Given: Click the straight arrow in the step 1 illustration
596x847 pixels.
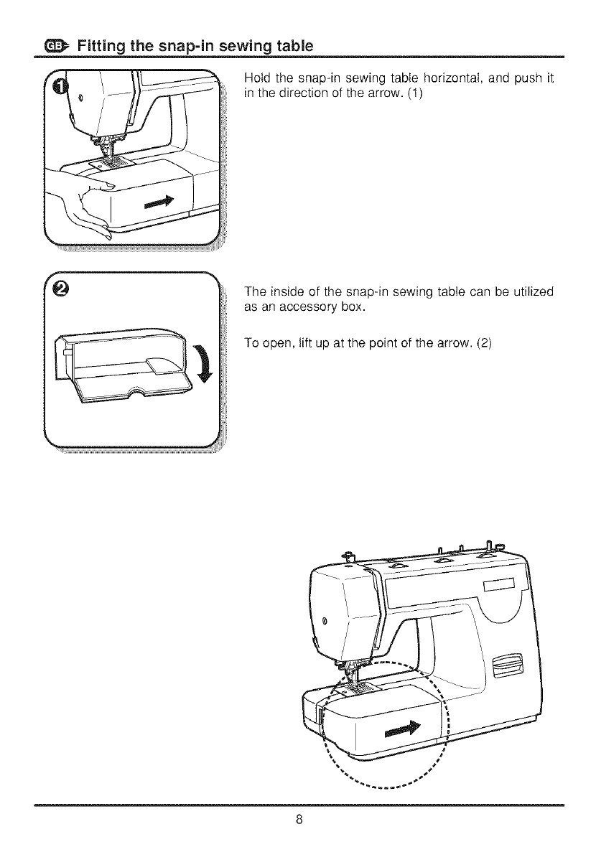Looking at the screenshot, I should pyautogui.click(x=160, y=203).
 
